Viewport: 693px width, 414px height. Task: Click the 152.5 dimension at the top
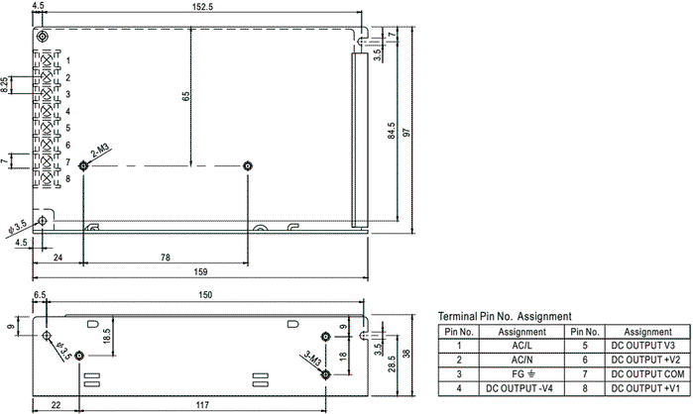[202, 7]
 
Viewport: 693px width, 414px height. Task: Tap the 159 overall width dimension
[200, 272]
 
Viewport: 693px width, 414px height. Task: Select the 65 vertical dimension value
[185, 97]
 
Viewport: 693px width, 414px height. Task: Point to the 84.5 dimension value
[392, 131]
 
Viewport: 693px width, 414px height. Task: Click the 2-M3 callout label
[100, 152]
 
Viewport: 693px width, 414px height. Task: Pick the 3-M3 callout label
[312, 358]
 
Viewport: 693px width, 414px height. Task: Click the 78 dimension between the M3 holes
[166, 258]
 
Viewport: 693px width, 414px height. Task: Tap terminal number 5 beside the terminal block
[68, 128]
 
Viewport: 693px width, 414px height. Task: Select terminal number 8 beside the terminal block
[68, 178]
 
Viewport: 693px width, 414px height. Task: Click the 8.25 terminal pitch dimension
[4, 85]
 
